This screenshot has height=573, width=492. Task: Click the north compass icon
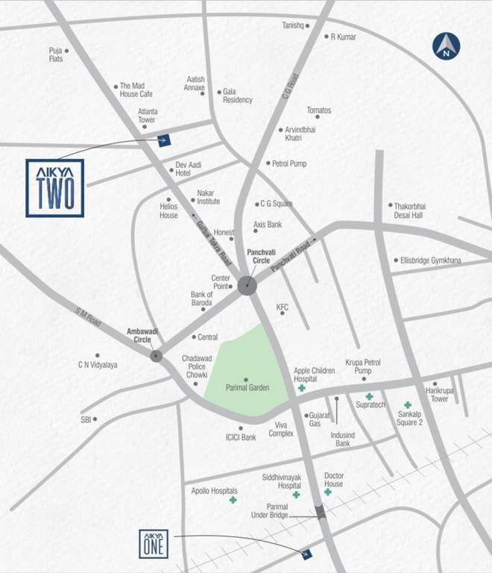point(446,47)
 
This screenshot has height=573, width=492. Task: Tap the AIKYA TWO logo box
point(55,188)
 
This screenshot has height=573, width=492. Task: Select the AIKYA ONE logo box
point(154,542)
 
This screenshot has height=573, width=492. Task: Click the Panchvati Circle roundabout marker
point(247,284)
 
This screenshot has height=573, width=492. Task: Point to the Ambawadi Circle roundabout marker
point(156,356)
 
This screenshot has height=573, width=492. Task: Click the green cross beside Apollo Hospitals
point(233,501)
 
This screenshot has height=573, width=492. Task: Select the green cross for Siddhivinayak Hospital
point(296,495)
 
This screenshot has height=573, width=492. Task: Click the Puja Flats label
point(56,54)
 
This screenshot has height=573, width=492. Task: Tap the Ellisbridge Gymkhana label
point(432,260)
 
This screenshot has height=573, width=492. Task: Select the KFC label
point(283,307)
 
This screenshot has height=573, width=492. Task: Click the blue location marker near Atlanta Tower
point(164,139)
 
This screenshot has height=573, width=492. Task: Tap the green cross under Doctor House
point(327,492)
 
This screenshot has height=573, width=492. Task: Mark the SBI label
point(85,420)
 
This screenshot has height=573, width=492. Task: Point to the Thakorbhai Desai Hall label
point(409,210)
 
